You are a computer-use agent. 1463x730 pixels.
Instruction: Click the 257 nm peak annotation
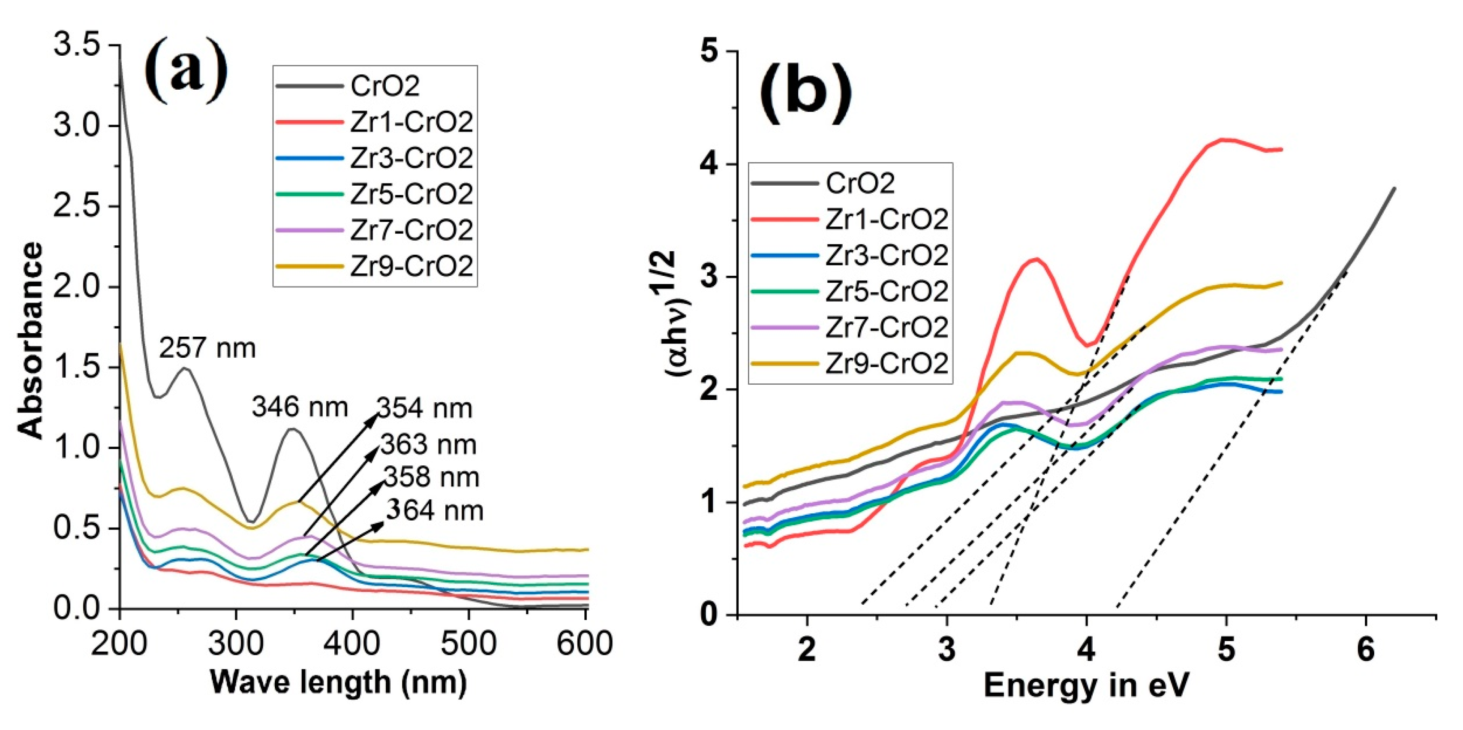(207, 348)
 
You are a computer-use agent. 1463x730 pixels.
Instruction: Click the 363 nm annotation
(428, 445)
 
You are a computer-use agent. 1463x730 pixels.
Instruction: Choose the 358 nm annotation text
(432, 477)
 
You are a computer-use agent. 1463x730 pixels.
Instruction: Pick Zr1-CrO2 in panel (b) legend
(886, 219)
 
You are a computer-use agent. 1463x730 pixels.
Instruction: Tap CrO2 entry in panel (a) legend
(385, 86)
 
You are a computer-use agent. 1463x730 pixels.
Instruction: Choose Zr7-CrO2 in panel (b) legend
(886, 327)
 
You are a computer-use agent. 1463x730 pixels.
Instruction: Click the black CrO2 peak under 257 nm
(185, 369)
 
